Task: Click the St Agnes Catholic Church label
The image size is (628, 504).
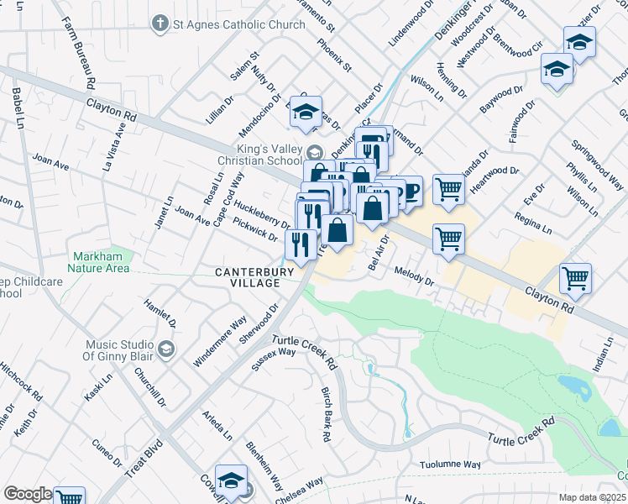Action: [x=239, y=24]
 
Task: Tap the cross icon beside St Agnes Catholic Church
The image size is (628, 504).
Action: [x=160, y=24]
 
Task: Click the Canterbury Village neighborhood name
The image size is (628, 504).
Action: [x=247, y=278]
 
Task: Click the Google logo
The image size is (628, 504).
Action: [x=27, y=494]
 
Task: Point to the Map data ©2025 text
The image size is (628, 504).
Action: [x=591, y=497]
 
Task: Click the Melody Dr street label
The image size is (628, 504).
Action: [x=412, y=277]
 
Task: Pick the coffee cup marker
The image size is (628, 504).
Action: [x=411, y=192]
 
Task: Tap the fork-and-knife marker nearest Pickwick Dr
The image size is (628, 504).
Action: [x=300, y=244]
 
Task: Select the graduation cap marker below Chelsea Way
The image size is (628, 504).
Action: [x=230, y=481]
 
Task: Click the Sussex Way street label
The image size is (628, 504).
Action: [x=275, y=358]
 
